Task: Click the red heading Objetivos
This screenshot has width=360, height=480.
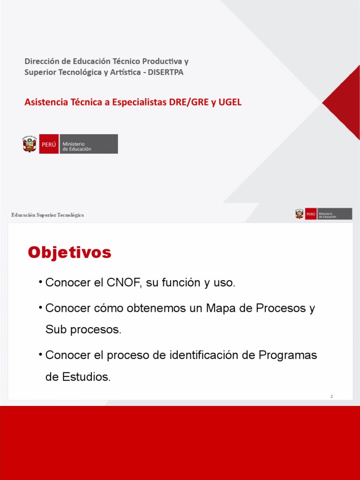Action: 69,253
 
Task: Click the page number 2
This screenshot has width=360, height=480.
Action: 331,397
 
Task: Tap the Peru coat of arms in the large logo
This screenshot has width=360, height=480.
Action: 30,144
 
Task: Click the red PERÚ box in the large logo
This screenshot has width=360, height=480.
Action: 49,144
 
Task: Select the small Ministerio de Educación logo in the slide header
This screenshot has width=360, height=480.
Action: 323,214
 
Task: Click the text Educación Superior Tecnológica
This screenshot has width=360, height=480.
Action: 48,215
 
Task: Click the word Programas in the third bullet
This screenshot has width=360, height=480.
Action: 288,355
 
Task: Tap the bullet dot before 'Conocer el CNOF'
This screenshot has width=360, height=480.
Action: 41,282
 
